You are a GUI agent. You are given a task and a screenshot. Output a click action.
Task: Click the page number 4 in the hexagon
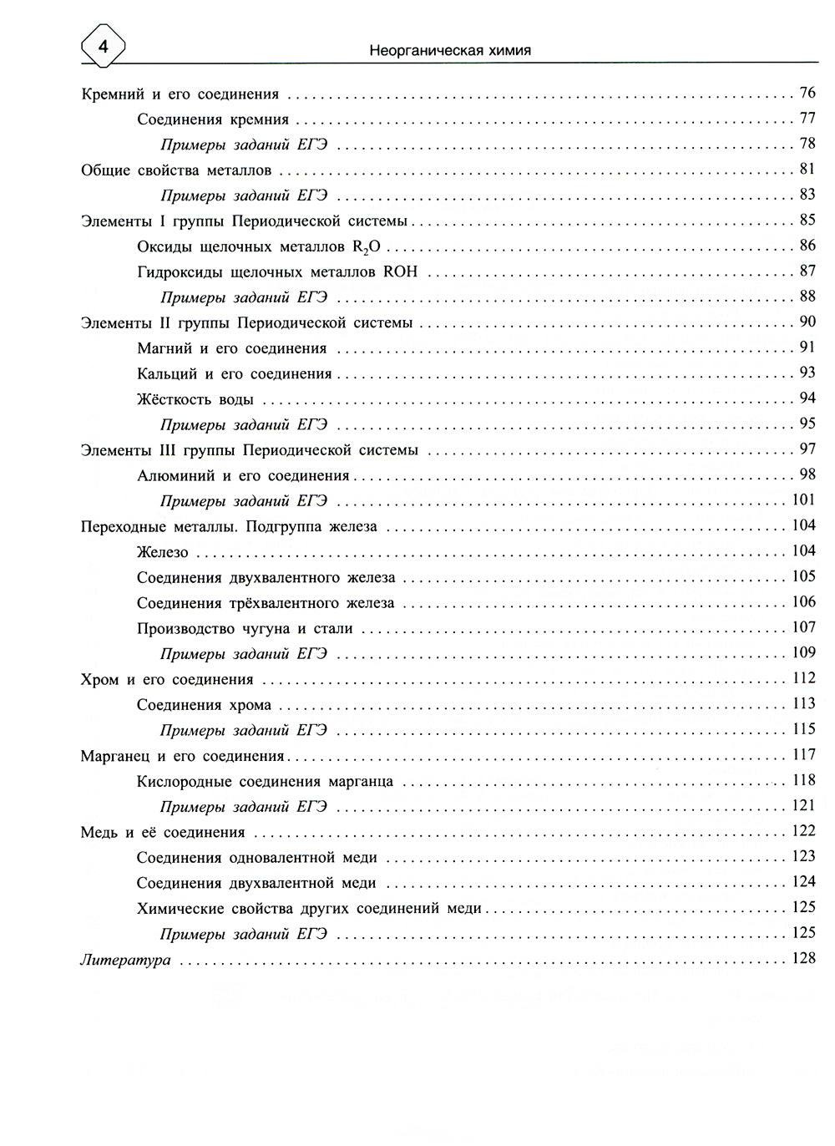(103, 48)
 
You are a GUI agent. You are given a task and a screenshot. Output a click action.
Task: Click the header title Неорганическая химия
(450, 50)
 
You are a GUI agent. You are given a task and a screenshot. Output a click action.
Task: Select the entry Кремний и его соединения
(180, 94)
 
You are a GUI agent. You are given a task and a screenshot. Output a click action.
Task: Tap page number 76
(807, 93)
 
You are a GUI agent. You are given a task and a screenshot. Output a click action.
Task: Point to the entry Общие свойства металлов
(176, 170)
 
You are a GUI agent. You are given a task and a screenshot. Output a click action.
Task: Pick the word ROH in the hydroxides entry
(400, 271)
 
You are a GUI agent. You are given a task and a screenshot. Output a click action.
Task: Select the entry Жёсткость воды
(195, 399)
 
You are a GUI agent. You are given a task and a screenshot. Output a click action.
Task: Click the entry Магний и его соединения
(231, 348)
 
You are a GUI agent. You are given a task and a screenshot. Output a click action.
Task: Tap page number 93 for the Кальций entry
(807, 373)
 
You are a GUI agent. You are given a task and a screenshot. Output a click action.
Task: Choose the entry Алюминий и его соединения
(243, 476)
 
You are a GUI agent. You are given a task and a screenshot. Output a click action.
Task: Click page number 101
(803, 500)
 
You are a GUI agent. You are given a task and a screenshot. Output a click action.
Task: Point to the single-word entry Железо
(163, 552)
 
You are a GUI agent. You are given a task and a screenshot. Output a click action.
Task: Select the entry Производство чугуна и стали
(245, 628)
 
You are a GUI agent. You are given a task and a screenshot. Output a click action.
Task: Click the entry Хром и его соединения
(167, 679)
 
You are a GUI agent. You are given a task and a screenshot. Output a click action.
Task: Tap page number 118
(803, 780)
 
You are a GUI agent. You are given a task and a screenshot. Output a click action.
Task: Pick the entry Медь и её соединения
(163, 832)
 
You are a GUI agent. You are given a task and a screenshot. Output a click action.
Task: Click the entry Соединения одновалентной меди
(257, 857)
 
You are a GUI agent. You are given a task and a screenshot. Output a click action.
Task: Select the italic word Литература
(125, 960)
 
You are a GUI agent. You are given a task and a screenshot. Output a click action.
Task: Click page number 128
(803, 958)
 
